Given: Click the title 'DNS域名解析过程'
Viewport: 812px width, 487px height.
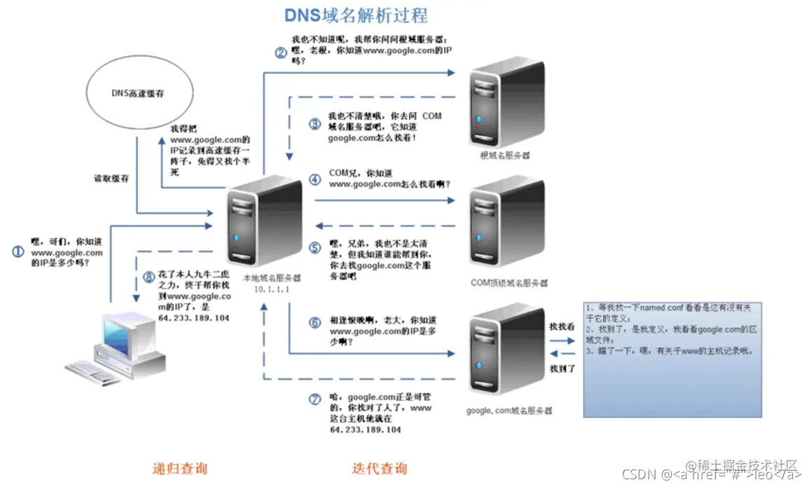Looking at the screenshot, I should click(x=355, y=15).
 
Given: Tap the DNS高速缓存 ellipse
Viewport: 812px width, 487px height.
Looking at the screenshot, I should click(x=138, y=93).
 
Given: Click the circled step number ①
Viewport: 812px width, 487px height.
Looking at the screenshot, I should click(x=19, y=252).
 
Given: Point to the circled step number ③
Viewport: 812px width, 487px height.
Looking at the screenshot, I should click(x=315, y=125).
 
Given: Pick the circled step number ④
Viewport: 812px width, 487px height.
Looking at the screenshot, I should click(x=315, y=179).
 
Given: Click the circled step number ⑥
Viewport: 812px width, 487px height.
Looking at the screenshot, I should click(x=315, y=322).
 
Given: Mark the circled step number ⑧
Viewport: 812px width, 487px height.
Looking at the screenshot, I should click(x=148, y=276).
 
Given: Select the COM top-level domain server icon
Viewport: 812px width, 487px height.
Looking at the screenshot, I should click(x=507, y=224).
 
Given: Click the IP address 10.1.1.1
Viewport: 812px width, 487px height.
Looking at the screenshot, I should click(x=271, y=289).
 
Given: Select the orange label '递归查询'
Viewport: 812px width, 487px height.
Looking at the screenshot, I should click(x=180, y=468).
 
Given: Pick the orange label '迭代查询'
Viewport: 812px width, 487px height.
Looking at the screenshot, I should click(x=379, y=468).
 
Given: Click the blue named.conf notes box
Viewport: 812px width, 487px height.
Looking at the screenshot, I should click(x=673, y=359).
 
